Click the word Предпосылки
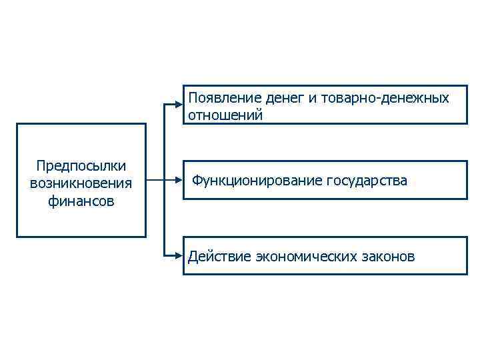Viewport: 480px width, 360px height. click(81, 165)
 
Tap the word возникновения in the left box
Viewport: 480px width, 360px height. click(81, 183)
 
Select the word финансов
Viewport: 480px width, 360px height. click(81, 201)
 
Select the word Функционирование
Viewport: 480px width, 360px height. click(257, 181)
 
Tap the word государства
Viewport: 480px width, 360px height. click(367, 181)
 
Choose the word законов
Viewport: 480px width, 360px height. click(389, 257)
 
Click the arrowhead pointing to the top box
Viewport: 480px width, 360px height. click(179, 103)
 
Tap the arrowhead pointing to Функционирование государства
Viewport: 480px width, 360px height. click(179, 180)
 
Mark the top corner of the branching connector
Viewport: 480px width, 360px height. click(163, 103)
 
